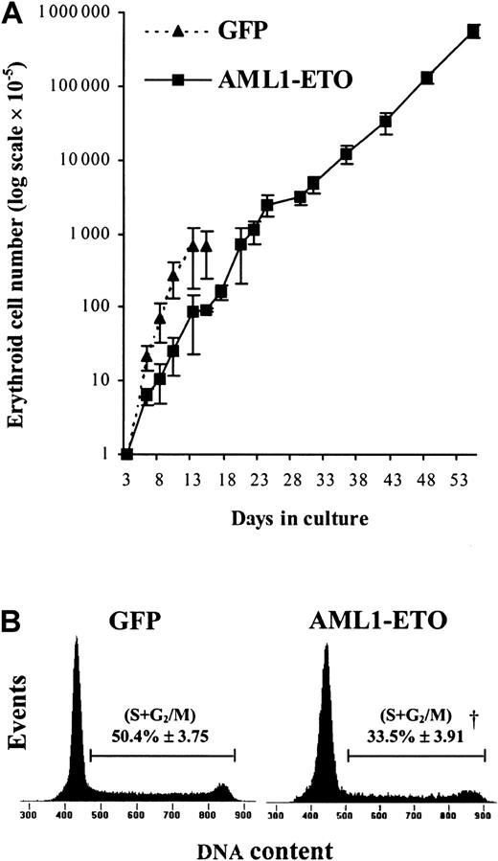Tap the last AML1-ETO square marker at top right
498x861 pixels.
472,32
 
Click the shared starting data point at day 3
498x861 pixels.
127,454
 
